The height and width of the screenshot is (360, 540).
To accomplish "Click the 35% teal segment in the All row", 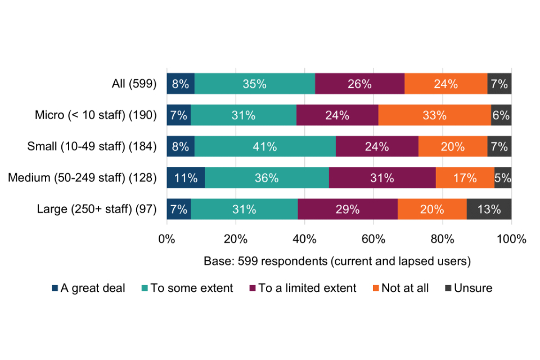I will pyautogui.click(x=254, y=84).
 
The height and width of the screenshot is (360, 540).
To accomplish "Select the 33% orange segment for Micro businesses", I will pyautogui.click(x=435, y=115).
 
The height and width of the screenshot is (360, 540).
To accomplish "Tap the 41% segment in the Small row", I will pyautogui.click(x=265, y=147).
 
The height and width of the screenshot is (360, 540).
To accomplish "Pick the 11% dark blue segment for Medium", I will pyautogui.click(x=186, y=178).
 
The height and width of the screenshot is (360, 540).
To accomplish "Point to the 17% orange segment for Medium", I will pyautogui.click(x=465, y=178).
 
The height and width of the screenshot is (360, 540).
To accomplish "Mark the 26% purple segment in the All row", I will pyautogui.click(x=359, y=84).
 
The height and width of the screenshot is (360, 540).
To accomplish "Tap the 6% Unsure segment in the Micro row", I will pyautogui.click(x=501, y=115).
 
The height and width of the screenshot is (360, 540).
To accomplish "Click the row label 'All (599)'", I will pyautogui.click(x=134, y=84).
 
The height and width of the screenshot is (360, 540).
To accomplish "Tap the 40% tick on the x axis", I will pyautogui.click(x=304, y=238).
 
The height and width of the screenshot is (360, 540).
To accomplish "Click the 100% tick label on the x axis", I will pyautogui.click(x=511, y=238).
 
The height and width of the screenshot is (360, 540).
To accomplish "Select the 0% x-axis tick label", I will pyautogui.click(x=167, y=238).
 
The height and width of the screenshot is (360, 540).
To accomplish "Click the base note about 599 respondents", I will pyautogui.click(x=337, y=262).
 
